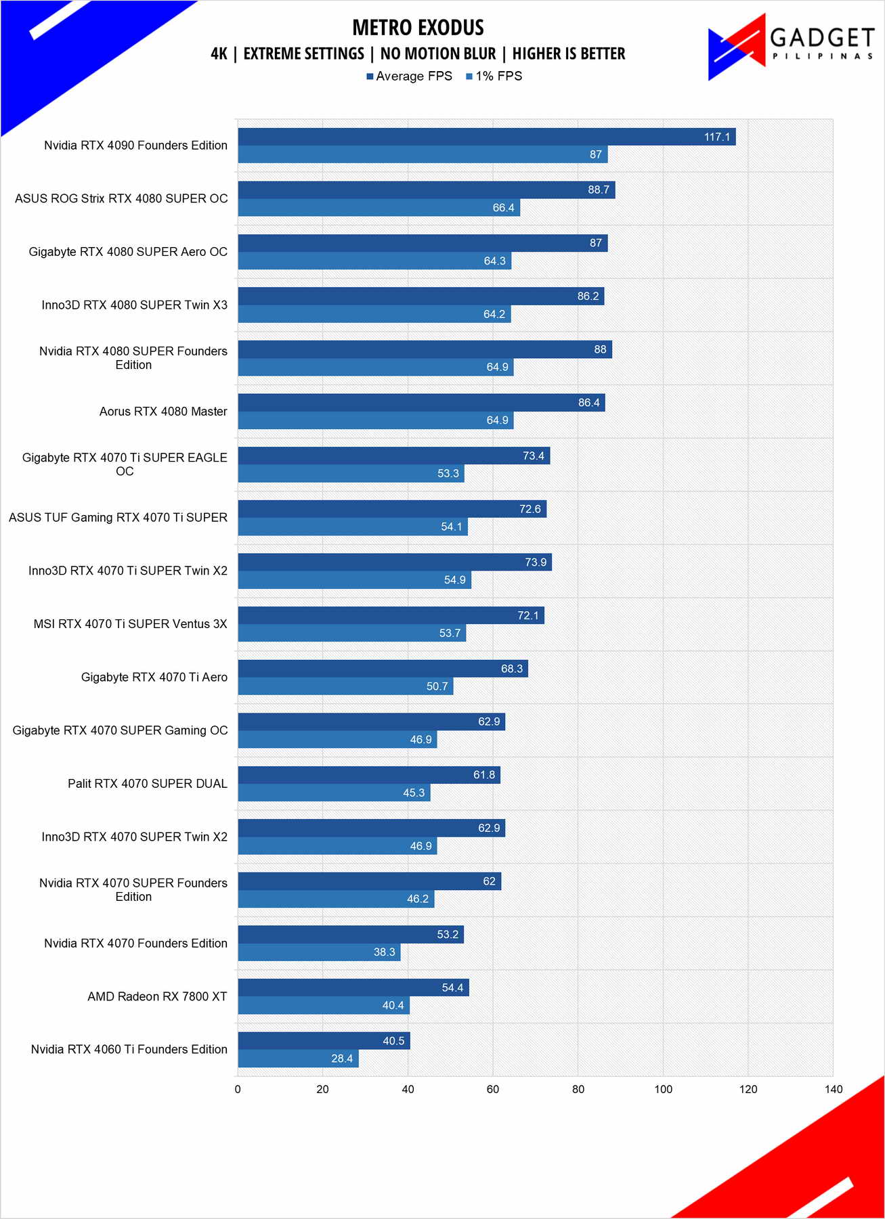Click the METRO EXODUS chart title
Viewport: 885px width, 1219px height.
pyautogui.click(x=418, y=28)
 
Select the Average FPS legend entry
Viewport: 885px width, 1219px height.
pyautogui.click(x=409, y=76)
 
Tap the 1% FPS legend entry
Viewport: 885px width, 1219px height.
pyautogui.click(x=494, y=76)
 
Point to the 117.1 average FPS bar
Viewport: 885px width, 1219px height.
pyautogui.click(x=486, y=137)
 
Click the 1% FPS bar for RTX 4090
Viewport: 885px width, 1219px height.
pyautogui.click(x=423, y=154)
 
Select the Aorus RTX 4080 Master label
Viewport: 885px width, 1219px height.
pyautogui.click(x=163, y=412)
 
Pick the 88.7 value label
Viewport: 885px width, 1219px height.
pyautogui.click(x=599, y=190)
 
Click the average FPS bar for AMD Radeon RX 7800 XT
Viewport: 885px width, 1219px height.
pyautogui.click(x=353, y=988)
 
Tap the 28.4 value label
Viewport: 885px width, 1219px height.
pyautogui.click(x=342, y=1059)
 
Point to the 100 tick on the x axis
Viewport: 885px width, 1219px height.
pyautogui.click(x=663, y=1089)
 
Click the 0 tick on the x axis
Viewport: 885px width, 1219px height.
pyautogui.click(x=238, y=1089)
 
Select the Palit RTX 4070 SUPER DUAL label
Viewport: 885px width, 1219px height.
pyautogui.click(x=148, y=784)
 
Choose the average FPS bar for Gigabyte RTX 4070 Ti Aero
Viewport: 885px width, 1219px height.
pyautogui.click(x=383, y=669)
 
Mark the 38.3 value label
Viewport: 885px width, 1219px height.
pyautogui.click(x=384, y=952)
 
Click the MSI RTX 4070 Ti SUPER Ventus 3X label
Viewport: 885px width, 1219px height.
pyautogui.click(x=131, y=624)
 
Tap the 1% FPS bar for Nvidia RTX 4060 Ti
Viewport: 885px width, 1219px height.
pyautogui.click(x=298, y=1059)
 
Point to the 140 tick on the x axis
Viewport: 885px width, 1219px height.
pyautogui.click(x=833, y=1089)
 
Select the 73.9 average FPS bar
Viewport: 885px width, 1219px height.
pyautogui.click(x=395, y=562)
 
